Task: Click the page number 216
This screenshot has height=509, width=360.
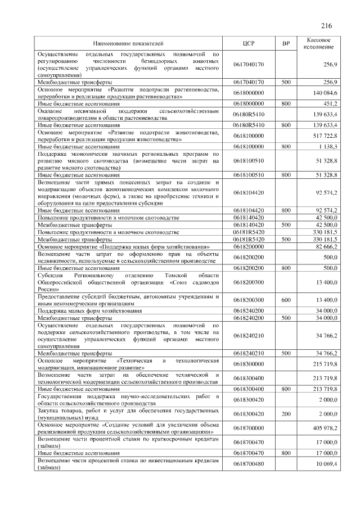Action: coord(327,26)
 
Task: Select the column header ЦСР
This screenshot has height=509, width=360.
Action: coord(249,43)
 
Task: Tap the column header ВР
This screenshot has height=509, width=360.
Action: coord(286,43)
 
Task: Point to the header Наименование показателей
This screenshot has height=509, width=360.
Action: coord(128,43)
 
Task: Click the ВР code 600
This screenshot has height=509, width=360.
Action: coord(286,299)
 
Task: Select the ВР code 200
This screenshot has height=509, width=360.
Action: coord(286,413)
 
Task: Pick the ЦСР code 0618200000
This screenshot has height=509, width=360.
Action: coord(249,246)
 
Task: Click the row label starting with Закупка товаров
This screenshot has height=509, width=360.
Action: coord(128,413)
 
